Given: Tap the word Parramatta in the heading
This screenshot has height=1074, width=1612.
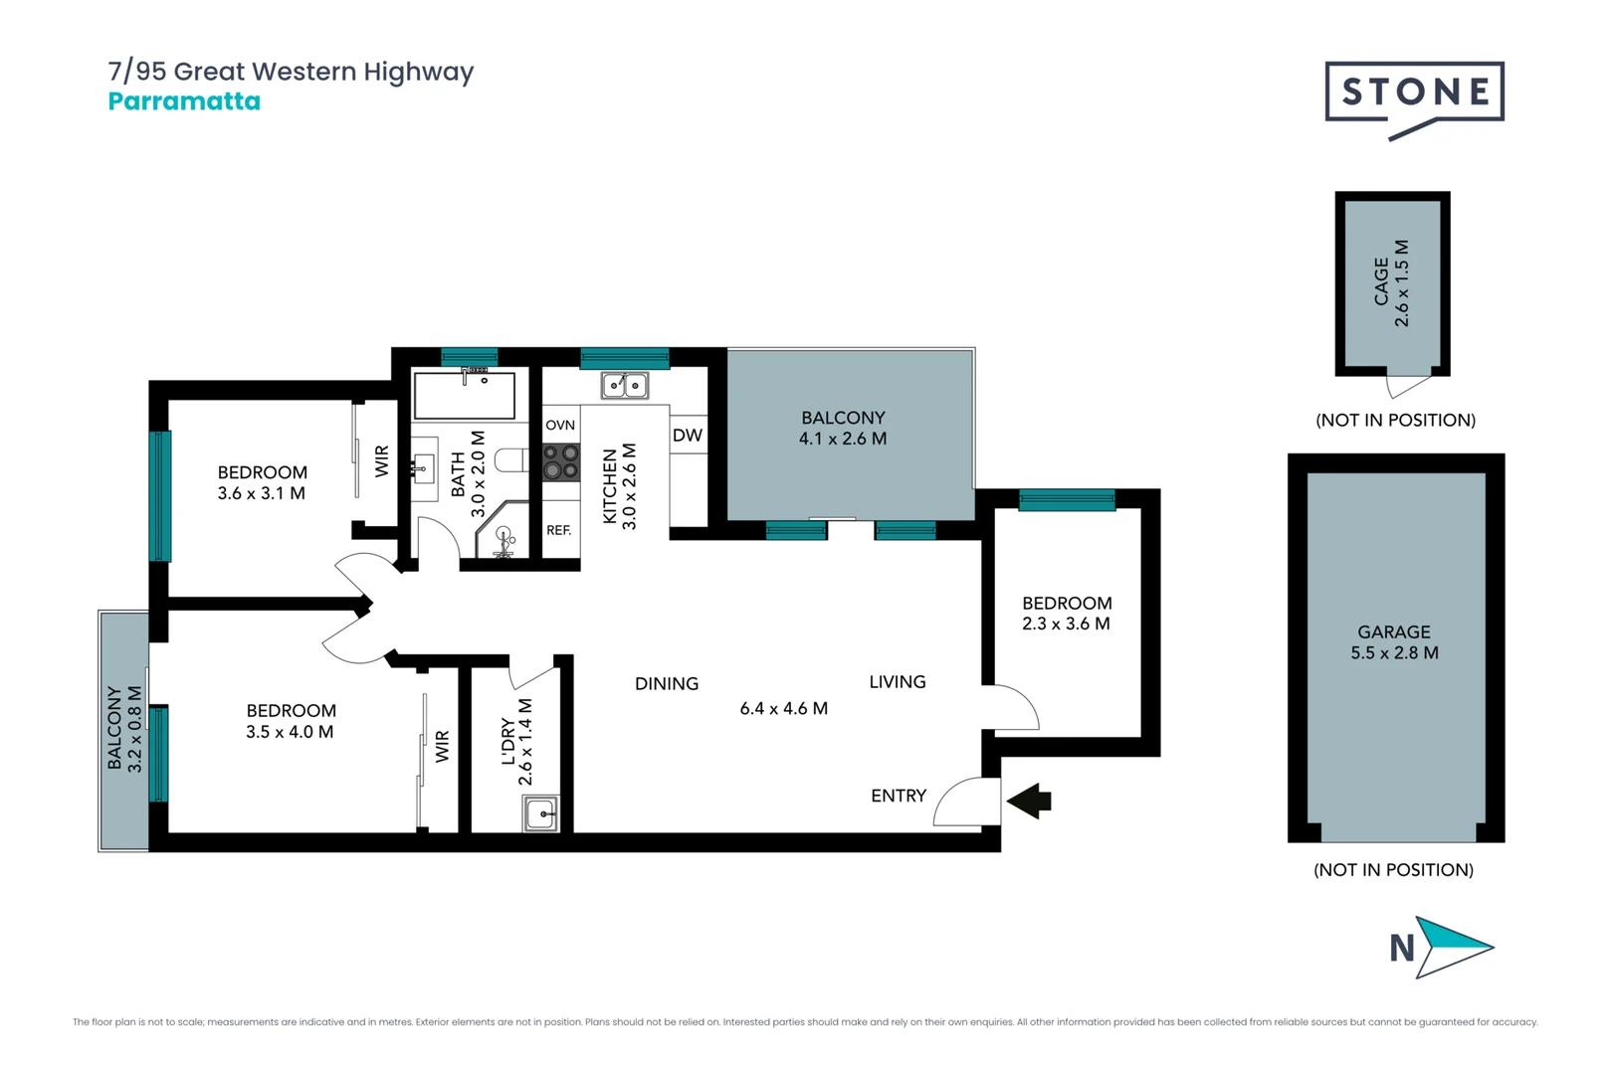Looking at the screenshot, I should point(184,101).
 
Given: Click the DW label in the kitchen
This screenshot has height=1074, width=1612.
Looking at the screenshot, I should point(687,436).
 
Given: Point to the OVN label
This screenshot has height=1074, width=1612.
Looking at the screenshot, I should point(560,425).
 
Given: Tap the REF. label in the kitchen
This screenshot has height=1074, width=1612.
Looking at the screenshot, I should point(559,530).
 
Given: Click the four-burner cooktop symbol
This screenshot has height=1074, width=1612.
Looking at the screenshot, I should point(560,462).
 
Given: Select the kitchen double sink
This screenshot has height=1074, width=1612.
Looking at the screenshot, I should point(625,385).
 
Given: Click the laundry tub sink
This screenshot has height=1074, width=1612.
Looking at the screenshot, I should point(541,814).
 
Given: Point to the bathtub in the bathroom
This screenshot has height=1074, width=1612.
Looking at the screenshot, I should point(464,396).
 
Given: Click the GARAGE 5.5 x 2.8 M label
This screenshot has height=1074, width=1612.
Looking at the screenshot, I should point(1394,642).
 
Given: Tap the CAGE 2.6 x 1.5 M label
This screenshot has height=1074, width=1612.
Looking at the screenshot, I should point(1391,282).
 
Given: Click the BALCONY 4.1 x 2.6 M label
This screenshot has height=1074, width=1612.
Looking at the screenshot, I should point(843,429).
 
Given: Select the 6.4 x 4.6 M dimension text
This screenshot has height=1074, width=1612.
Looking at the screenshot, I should point(783,708).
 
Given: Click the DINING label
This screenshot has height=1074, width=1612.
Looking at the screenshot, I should point(667,683).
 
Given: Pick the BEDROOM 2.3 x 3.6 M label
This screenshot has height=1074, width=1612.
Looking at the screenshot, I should point(1066,614).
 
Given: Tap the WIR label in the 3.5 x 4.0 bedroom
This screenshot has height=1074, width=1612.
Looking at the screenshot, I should point(442,747).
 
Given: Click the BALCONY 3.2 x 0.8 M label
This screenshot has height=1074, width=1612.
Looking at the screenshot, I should point(125,729).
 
